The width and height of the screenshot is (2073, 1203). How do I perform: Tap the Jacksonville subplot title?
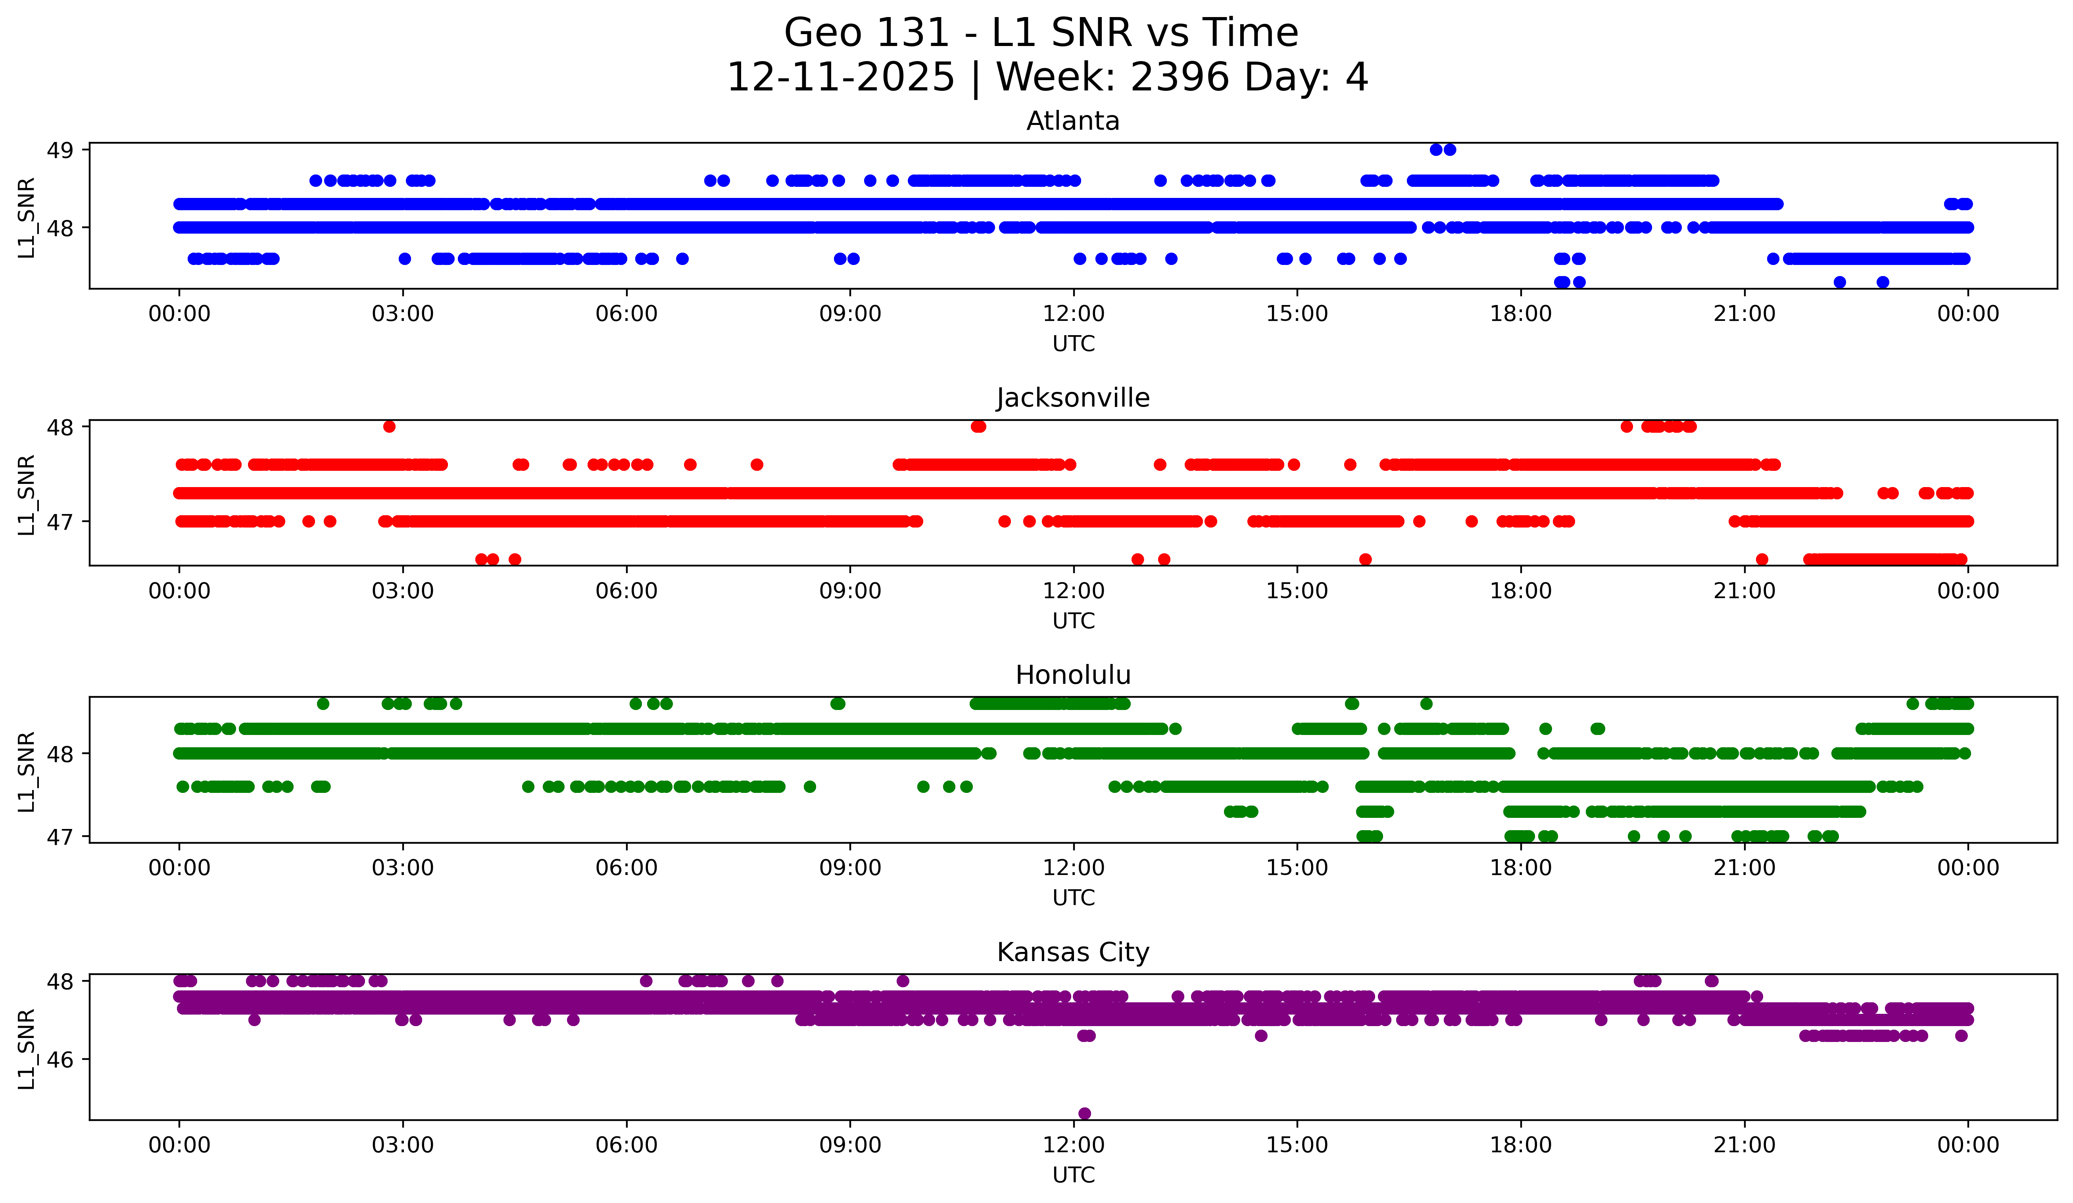(1073, 398)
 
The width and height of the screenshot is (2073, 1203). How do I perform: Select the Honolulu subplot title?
(1073, 675)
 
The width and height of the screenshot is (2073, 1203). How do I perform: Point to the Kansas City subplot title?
(1073, 952)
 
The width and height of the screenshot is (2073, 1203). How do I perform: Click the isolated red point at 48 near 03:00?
(389, 426)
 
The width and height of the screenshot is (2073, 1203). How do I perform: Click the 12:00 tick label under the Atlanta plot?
(1074, 313)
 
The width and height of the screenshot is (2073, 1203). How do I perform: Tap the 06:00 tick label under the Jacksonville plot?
(626, 591)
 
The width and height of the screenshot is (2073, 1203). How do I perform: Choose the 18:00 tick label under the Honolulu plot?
(1520, 867)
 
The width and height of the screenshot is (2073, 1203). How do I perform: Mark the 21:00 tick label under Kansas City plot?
(1744, 1145)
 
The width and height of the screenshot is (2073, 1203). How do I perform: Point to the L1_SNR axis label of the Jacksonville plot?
(26, 494)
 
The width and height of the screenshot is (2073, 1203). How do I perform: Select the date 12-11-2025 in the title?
(841, 77)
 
